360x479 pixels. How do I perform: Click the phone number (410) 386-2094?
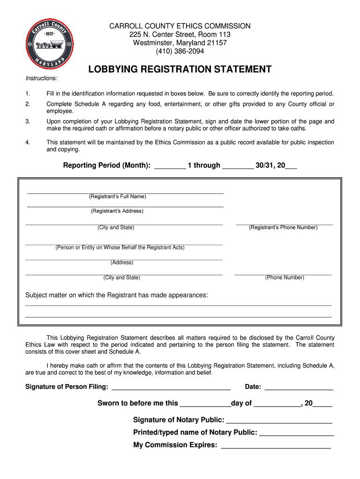click(180, 51)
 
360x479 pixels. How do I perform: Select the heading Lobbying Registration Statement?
click(180, 70)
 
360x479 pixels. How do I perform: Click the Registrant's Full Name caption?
click(117, 196)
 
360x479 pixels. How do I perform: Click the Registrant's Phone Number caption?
click(283, 227)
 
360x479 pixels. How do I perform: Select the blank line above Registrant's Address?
click(125, 206)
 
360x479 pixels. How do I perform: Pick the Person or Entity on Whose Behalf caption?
click(120, 247)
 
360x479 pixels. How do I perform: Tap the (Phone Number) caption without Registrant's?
click(285, 277)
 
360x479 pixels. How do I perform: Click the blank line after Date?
click(299, 389)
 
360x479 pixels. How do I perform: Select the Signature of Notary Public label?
click(179, 420)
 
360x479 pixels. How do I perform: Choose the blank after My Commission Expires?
click(276, 448)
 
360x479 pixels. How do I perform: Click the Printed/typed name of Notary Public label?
click(195, 432)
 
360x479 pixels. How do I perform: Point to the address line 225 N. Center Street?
click(180, 35)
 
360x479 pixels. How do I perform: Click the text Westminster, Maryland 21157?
click(180, 43)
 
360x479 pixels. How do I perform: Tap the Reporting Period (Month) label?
click(107, 165)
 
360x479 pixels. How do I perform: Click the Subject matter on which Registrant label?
click(116, 295)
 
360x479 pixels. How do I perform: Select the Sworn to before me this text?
click(138, 403)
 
